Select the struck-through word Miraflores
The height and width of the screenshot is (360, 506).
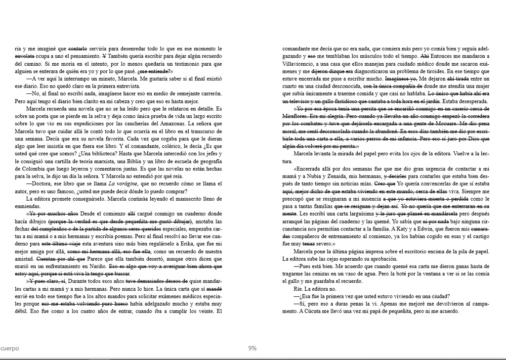coord(296,115)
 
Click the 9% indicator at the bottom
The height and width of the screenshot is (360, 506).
coord(253,348)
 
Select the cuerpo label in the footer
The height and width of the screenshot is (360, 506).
coord(10,348)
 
